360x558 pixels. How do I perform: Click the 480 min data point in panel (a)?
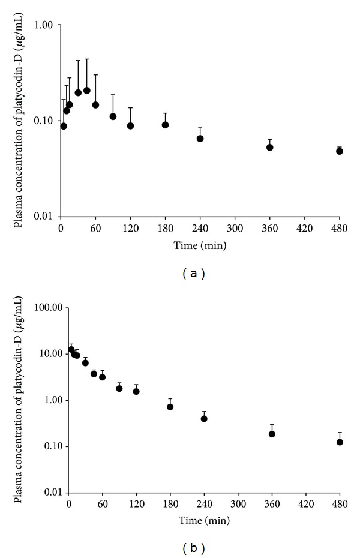[x=340, y=151]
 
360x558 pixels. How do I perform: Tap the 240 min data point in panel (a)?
[x=200, y=139]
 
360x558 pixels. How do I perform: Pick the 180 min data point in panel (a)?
[x=166, y=125]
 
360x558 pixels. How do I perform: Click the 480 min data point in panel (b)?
[x=340, y=442]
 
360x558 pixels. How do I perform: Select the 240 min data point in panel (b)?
[x=204, y=418]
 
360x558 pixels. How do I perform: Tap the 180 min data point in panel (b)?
[x=170, y=407]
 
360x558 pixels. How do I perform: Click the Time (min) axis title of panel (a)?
[x=200, y=245]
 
